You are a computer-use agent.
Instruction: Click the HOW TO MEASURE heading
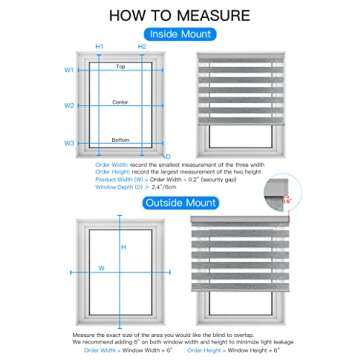pyautogui.click(x=180, y=17)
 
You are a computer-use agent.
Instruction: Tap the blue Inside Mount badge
pyautogui.click(x=180, y=33)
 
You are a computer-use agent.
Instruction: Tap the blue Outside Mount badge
pyautogui.click(x=180, y=204)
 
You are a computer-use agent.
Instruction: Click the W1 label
pyautogui.click(x=69, y=70)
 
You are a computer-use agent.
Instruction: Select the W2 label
pyautogui.click(x=69, y=105)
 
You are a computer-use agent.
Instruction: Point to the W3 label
pyautogui.click(x=69, y=143)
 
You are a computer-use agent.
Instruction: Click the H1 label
pyautogui.click(x=99, y=47)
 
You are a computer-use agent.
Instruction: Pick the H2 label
pyautogui.click(x=142, y=47)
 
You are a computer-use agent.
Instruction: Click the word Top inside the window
pyautogui.click(x=120, y=66)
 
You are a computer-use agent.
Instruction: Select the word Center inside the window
pyautogui.click(x=120, y=101)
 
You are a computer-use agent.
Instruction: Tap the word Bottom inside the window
pyautogui.click(x=120, y=139)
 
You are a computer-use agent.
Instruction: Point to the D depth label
pyautogui.click(x=168, y=156)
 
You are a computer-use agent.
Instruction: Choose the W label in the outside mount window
pyautogui.click(x=101, y=268)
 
